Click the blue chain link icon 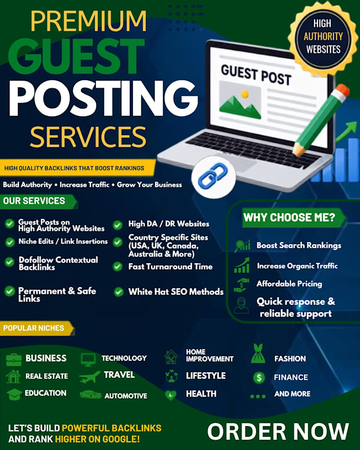[213, 175]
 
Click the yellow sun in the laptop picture [245, 94]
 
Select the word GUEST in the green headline [76, 57]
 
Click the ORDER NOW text [278, 431]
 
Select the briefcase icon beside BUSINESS [13, 359]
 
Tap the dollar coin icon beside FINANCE [259, 377]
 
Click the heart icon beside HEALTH [170, 395]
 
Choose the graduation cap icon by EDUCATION [14, 394]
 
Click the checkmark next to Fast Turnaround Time [118, 267]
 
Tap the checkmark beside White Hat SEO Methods [119, 292]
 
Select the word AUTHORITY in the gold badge [323, 37]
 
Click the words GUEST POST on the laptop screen [256, 75]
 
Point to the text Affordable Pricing [289, 284]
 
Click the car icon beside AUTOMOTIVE [91, 394]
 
